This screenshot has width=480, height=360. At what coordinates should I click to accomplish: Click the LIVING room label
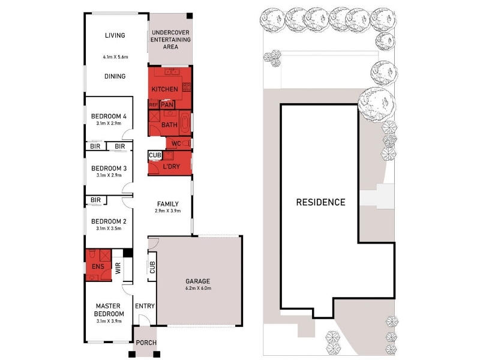(x=115, y=35)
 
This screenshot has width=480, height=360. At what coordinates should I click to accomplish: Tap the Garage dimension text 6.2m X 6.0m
(x=198, y=288)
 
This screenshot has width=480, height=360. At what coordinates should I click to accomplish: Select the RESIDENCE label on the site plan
(x=320, y=202)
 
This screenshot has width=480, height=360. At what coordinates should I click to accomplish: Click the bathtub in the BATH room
(x=185, y=124)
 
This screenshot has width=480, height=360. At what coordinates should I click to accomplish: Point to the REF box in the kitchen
(x=153, y=104)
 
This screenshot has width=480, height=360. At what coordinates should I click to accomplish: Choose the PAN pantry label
(x=167, y=105)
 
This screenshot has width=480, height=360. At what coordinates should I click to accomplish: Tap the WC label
(x=176, y=143)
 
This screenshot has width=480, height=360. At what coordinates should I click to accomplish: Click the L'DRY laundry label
(x=171, y=167)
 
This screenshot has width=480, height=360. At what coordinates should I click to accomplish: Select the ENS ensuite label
(x=98, y=266)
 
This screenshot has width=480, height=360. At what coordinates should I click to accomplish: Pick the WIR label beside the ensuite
(x=118, y=268)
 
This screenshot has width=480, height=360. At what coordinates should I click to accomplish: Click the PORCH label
(x=146, y=343)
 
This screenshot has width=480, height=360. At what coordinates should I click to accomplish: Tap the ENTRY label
(x=145, y=306)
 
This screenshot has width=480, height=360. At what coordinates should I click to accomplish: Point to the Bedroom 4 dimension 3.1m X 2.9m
(x=109, y=124)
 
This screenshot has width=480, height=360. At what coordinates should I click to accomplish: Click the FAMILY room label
(x=168, y=204)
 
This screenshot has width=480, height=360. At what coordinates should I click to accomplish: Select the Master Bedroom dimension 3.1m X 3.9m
(x=109, y=321)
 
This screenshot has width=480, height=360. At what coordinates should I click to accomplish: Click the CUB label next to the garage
(x=152, y=267)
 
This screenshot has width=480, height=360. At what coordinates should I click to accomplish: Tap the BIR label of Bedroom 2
(x=95, y=200)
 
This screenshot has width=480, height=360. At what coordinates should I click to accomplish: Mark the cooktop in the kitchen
(x=187, y=87)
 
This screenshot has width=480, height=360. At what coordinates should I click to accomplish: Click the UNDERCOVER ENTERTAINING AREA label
(x=170, y=40)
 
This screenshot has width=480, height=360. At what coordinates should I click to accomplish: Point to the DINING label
(x=115, y=76)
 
